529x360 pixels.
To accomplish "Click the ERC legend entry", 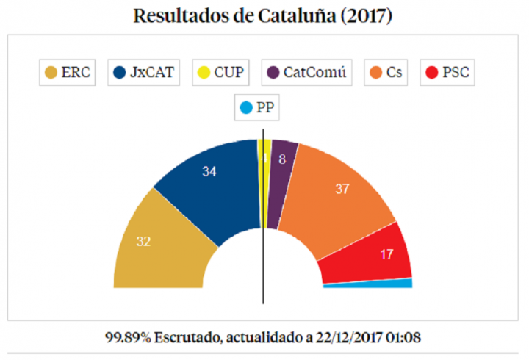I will coord(68,72).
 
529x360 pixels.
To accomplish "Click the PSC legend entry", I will coord(447,72).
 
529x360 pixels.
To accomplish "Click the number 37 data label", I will coord(342,188).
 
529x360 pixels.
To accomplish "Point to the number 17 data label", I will coord(386,255).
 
